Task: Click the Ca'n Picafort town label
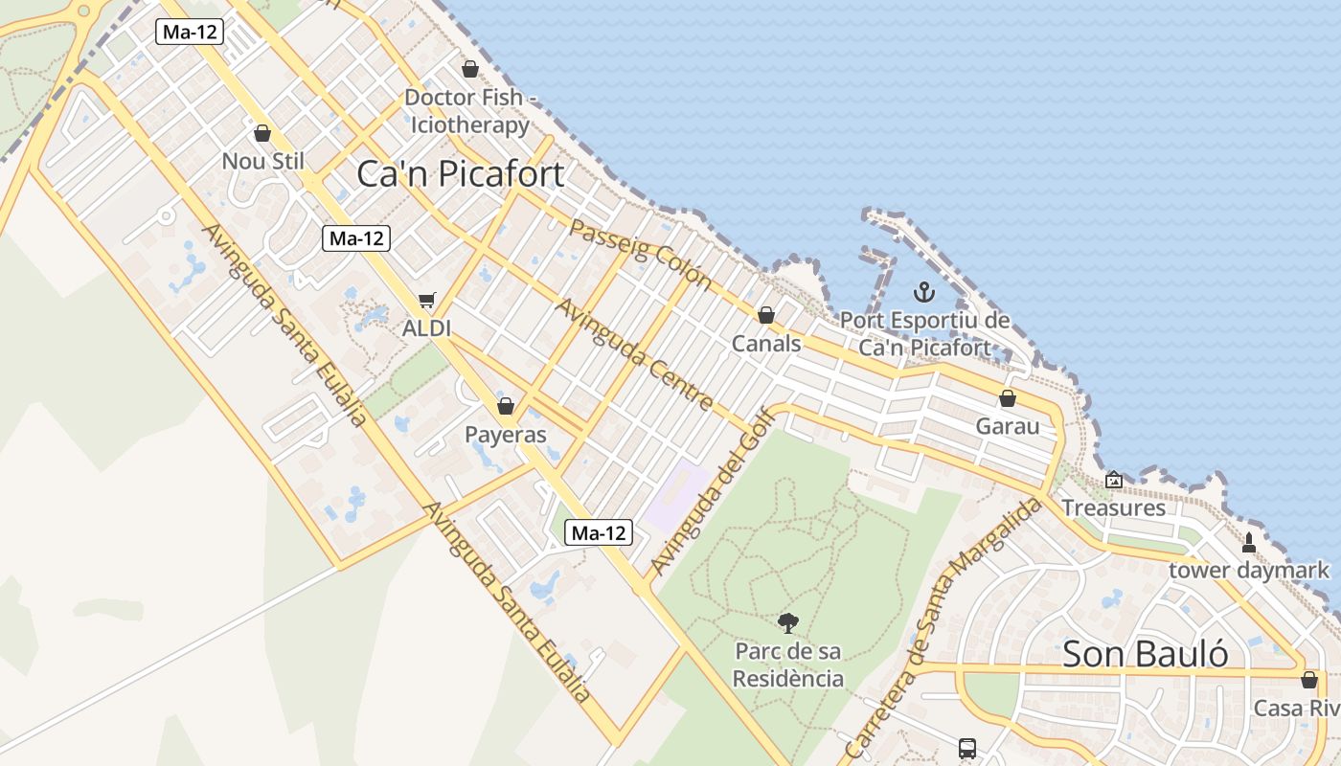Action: click(460, 173)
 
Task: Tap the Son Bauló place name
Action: click(1146, 654)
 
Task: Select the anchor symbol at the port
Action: click(923, 292)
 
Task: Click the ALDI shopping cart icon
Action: click(427, 301)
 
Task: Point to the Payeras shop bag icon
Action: click(506, 406)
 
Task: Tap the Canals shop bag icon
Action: click(765, 315)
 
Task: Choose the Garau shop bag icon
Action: click(1008, 398)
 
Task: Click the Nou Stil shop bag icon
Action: click(262, 133)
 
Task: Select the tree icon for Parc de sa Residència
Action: click(788, 623)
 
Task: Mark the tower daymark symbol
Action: click(1248, 543)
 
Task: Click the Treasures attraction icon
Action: click(1114, 480)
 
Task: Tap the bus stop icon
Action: click(967, 748)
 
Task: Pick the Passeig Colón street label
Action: click(640, 254)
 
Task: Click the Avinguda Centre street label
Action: click(634, 353)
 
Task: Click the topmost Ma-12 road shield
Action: click(190, 32)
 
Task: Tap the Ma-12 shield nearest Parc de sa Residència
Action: click(599, 532)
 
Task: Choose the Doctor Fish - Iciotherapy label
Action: click(468, 111)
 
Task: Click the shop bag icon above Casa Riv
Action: click(1309, 680)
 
